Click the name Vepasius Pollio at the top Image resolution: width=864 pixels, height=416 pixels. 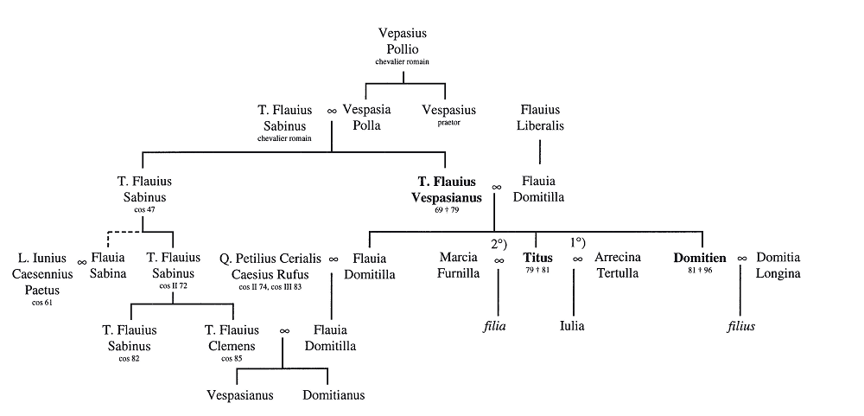tap(403, 42)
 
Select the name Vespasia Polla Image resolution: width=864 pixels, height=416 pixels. tap(367, 118)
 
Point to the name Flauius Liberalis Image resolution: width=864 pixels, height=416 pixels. tap(542, 118)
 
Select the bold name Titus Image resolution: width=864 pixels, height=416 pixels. tap(537, 258)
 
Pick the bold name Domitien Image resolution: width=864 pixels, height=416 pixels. tap(702, 258)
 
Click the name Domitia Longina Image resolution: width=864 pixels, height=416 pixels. tap(778, 266)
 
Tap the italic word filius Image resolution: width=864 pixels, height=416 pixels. tap(742, 326)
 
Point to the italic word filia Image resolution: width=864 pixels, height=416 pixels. tap(494, 326)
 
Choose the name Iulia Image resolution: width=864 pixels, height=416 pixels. tap(572, 326)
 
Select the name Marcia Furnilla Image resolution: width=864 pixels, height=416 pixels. tap(459, 266)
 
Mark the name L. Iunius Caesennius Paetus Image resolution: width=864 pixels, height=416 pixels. tap(42, 273)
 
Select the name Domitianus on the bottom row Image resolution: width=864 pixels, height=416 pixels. tap(334, 395)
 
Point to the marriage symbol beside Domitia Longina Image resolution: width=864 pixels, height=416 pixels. tap(742, 259)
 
